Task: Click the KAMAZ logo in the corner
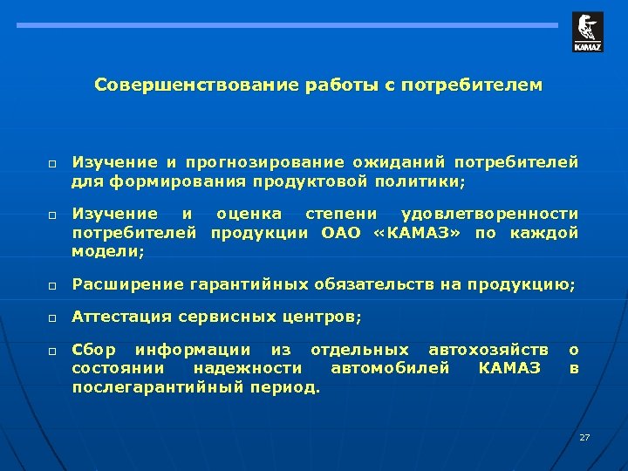(x=587, y=32)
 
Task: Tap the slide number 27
(x=584, y=436)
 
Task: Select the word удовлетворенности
(x=488, y=214)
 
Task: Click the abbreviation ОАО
(x=341, y=233)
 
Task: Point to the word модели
(x=108, y=251)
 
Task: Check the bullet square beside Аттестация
(x=53, y=317)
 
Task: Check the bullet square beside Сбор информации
(x=53, y=351)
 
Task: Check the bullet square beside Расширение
(x=53, y=285)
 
